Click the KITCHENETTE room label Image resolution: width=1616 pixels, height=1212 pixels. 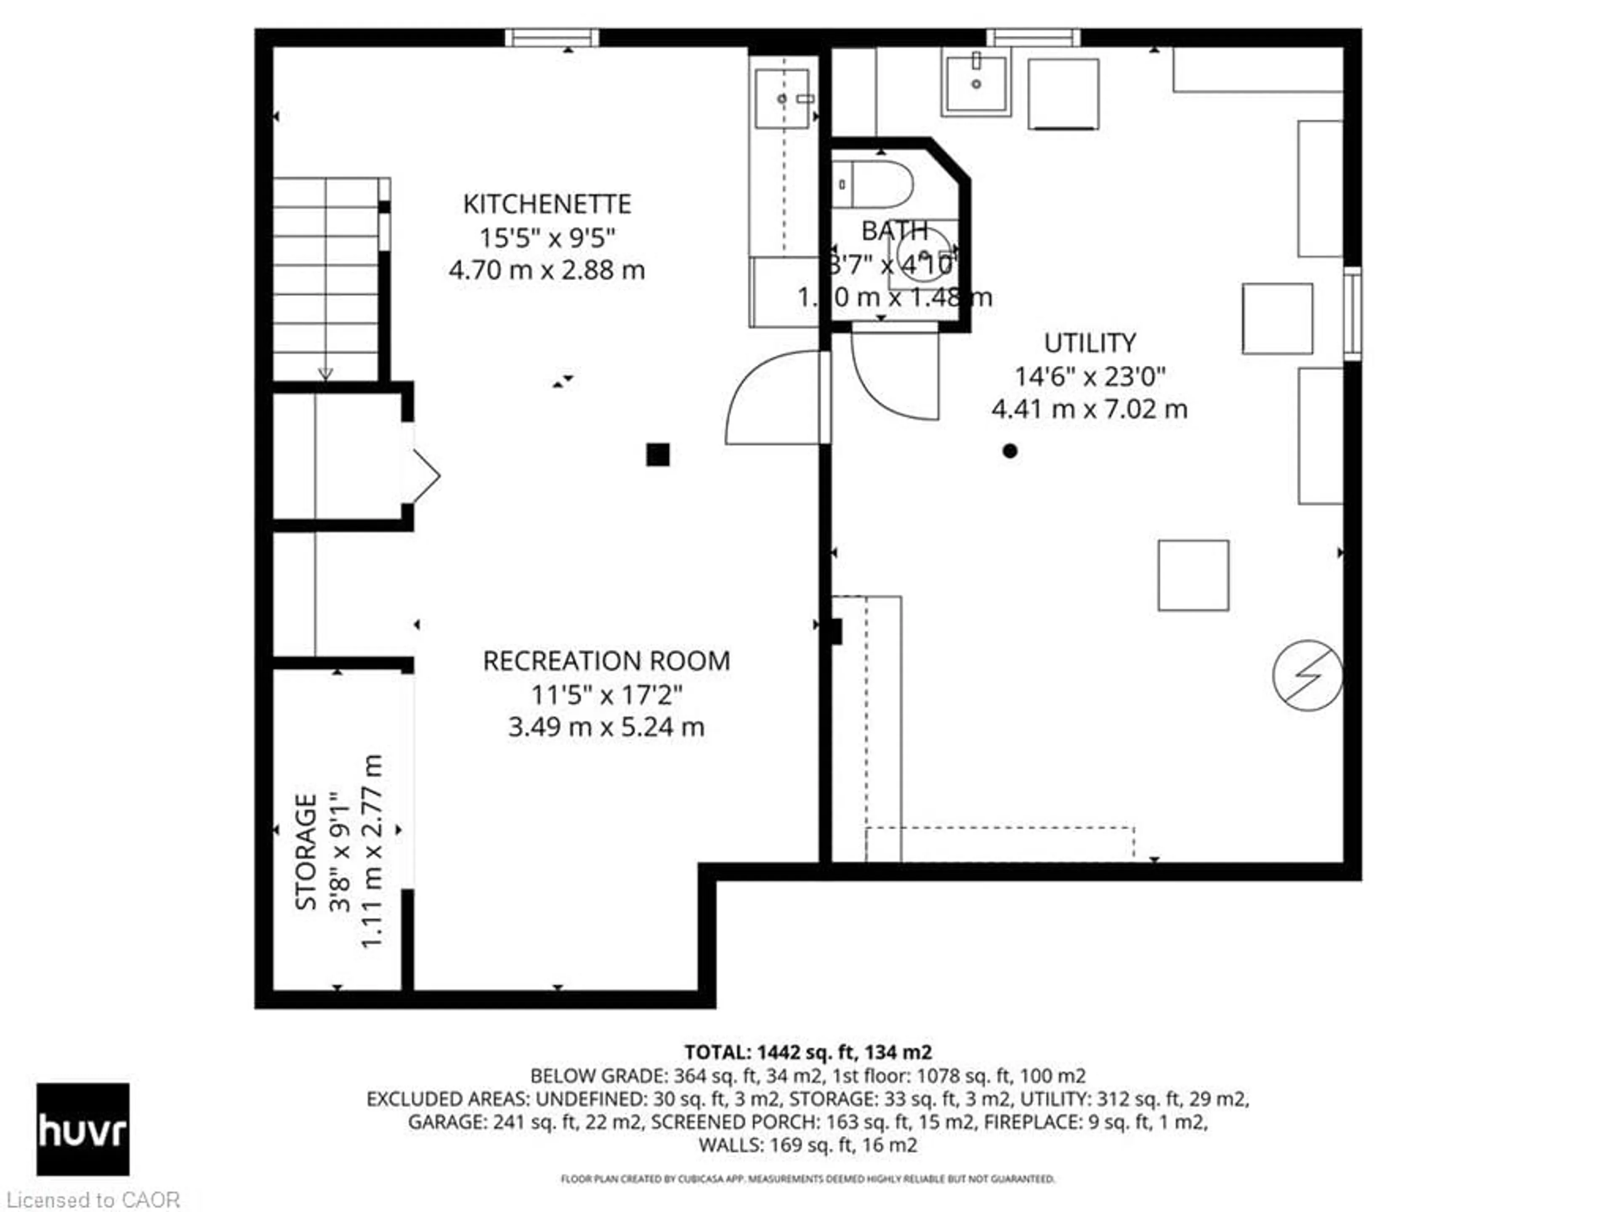pos(547,204)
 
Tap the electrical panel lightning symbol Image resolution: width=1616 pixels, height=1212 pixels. pos(1307,676)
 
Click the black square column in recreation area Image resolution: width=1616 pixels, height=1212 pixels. pos(657,455)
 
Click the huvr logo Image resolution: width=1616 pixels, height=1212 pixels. pos(82,1129)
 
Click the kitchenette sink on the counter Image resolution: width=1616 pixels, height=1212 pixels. pos(782,98)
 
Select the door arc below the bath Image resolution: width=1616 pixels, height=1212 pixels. pos(895,380)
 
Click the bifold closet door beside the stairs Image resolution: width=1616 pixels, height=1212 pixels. pos(426,476)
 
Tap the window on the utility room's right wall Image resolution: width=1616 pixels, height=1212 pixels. pos(1352,314)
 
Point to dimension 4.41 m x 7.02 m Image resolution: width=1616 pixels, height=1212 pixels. pos(1089,409)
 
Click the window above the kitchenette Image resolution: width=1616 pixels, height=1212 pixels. pos(552,37)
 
